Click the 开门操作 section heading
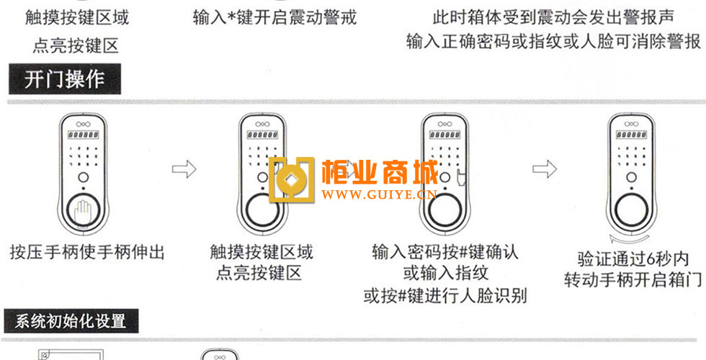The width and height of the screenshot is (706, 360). [65, 79]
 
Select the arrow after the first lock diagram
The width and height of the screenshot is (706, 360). [184, 170]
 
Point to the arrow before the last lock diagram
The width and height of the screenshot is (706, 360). [545, 169]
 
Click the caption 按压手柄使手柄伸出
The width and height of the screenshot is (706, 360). [87, 253]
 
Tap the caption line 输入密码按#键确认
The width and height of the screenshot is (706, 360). [445, 253]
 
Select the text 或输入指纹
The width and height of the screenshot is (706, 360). [445, 274]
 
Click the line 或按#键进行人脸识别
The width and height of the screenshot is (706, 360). [445, 295]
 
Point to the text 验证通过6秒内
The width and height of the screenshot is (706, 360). [633, 258]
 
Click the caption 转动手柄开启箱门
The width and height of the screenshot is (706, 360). [633, 280]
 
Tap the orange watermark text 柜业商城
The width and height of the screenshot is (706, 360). [380, 174]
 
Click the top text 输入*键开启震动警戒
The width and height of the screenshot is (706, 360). [274, 17]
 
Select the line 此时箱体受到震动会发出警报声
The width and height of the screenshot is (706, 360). [553, 17]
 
